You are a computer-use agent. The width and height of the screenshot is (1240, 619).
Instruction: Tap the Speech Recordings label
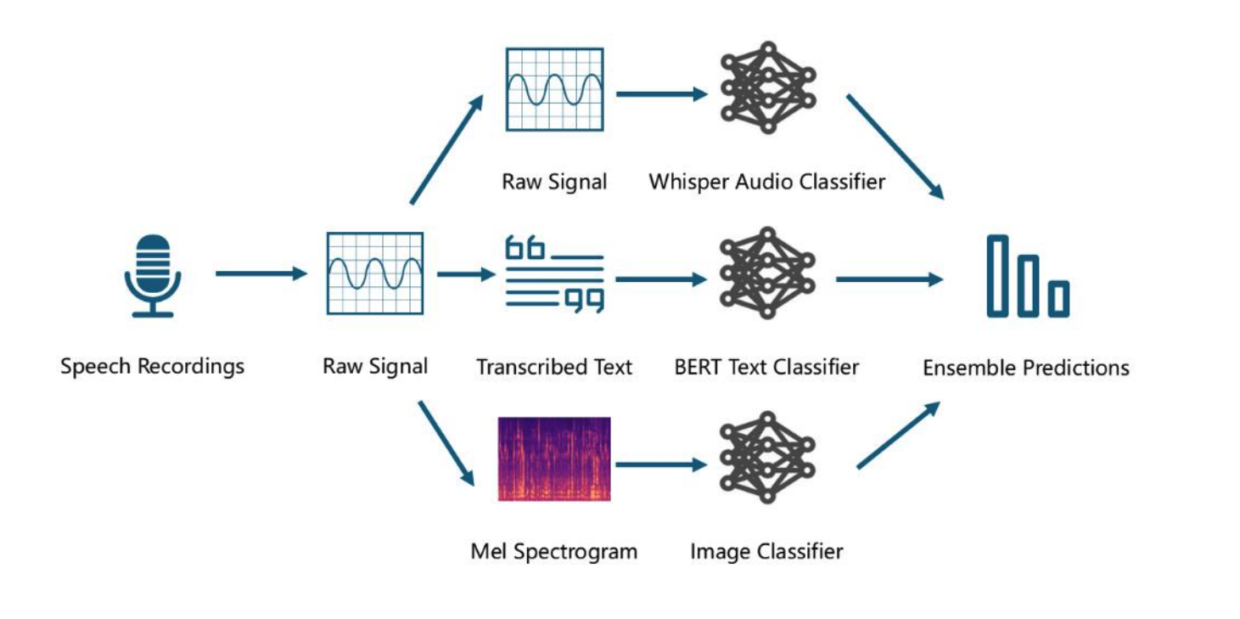point(153,367)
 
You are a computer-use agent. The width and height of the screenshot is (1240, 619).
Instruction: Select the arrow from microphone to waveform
point(260,273)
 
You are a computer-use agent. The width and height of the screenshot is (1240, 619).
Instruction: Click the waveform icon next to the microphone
point(375,273)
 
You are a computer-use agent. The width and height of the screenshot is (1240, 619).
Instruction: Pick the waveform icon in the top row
point(554,89)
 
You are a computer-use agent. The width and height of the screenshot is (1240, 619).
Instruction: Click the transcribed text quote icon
point(554,273)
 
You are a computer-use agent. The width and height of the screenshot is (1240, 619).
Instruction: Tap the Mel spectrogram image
point(553,459)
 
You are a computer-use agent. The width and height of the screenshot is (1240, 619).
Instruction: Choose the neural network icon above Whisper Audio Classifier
point(767,87)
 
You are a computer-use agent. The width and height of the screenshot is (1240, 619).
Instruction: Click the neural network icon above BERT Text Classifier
point(767,273)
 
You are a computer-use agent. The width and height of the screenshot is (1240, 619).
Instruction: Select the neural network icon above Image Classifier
point(767,458)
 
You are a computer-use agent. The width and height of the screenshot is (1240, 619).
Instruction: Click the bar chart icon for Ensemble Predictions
point(1027,277)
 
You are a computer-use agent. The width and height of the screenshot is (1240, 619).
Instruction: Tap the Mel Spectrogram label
point(553,552)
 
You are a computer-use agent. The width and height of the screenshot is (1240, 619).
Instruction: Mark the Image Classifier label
point(766,552)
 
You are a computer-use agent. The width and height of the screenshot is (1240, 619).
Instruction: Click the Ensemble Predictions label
point(1026,368)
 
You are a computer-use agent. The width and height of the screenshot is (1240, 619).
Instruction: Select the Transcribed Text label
point(554,367)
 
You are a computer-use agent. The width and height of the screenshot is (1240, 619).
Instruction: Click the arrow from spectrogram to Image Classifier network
point(660,465)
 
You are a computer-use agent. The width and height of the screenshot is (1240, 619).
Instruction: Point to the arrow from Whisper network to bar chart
point(895,146)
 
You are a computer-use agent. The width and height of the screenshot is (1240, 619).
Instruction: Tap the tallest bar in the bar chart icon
point(999,276)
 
